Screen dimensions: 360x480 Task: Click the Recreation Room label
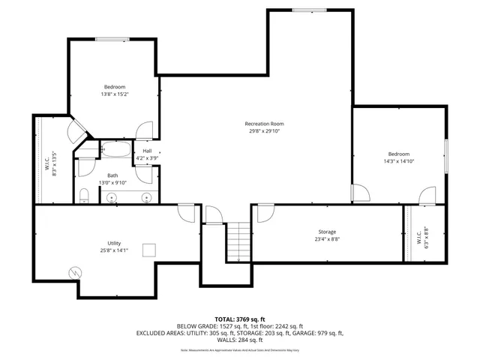pyautogui.click(x=264, y=124)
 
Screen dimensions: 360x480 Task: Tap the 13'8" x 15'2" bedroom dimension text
pyautogui.click(x=115, y=94)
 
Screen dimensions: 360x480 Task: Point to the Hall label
pyautogui.click(x=147, y=151)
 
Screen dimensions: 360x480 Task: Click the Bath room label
pyautogui.click(x=113, y=175)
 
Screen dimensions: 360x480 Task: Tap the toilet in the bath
pyautogui.click(x=84, y=197)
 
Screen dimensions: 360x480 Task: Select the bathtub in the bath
pyautogui.click(x=115, y=149)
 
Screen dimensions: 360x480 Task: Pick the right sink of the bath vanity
pyautogui.click(x=146, y=198)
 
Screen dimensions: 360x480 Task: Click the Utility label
pyautogui.click(x=114, y=243)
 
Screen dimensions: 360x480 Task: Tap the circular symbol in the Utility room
pyautogui.click(x=75, y=273)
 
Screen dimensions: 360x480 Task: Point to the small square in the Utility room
pyautogui.click(x=149, y=250)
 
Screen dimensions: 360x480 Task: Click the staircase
pyautogui.click(x=238, y=242)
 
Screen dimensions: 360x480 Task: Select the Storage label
pyautogui.click(x=325, y=232)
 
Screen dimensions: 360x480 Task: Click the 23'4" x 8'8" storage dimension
pyautogui.click(x=325, y=240)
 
